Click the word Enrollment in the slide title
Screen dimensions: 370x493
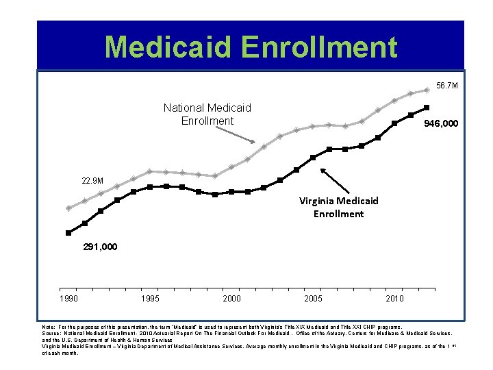pyautogui.click(x=325, y=47)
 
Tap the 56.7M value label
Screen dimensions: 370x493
pyautogui.click(x=446, y=86)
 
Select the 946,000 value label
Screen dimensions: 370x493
pyautogui.click(x=441, y=125)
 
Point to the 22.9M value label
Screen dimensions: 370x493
pyautogui.click(x=92, y=181)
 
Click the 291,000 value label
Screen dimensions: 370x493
pyautogui.click(x=99, y=246)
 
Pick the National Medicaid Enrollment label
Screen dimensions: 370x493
pyautogui.click(x=207, y=114)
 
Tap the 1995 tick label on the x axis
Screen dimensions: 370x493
pyautogui.click(x=149, y=298)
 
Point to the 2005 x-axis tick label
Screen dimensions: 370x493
pyautogui.click(x=312, y=298)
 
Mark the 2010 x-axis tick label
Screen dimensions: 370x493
pyautogui.click(x=394, y=298)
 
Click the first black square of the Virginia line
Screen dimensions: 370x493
pyautogui.click(x=68, y=233)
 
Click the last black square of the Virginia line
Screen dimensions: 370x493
pyautogui.click(x=427, y=108)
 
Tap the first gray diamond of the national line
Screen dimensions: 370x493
pyautogui.click(x=68, y=208)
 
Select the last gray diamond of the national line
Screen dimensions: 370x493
pyautogui.click(x=427, y=90)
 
